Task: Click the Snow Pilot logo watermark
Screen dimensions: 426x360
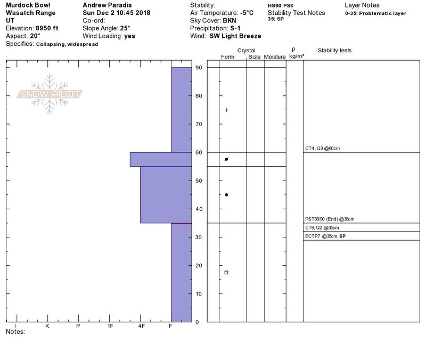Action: pos(50,94)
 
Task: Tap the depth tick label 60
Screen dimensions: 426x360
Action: pos(199,152)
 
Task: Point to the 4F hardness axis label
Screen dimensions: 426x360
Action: pos(141,326)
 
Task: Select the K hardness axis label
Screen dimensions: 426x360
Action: pos(47,326)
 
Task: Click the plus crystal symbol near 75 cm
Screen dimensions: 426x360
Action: pos(226,110)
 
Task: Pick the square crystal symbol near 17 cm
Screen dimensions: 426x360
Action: pos(226,273)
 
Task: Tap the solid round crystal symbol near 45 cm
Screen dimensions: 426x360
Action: pos(226,195)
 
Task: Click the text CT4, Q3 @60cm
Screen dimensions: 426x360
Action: pos(322,149)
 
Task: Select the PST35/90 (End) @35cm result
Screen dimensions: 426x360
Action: pos(330,219)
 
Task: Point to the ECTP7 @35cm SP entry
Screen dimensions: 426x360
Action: pos(325,236)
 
